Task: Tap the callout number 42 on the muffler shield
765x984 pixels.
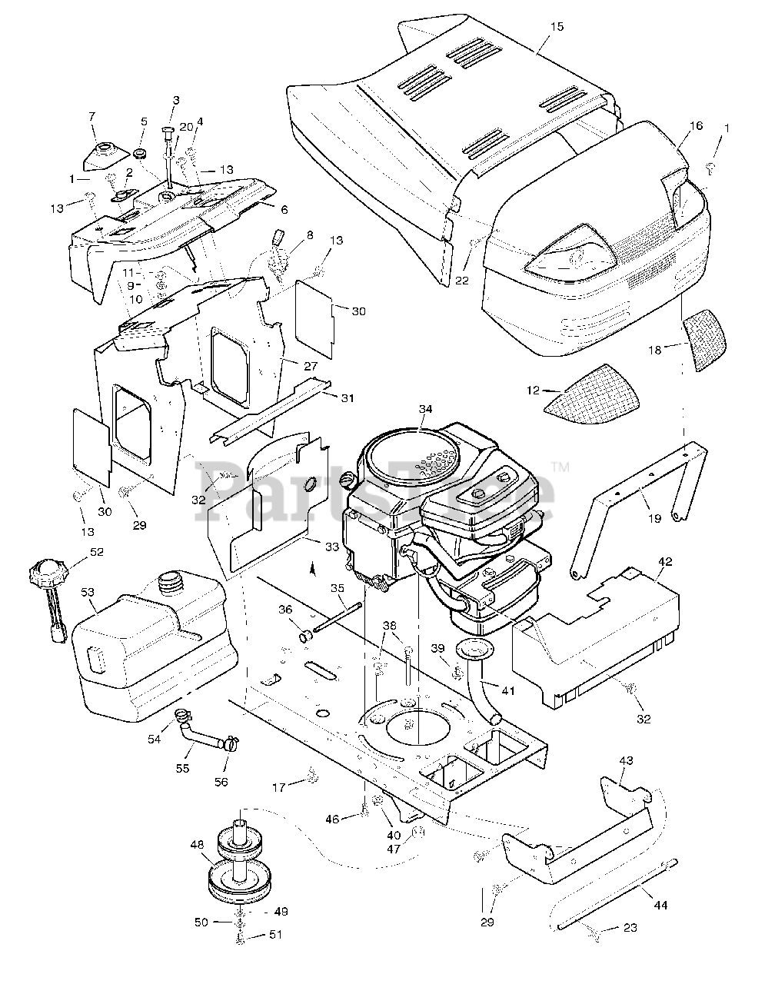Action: pos(665,561)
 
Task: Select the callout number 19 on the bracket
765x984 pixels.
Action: pos(654,518)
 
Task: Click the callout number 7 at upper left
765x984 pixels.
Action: pos(92,116)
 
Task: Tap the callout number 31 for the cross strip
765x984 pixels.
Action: pos(348,397)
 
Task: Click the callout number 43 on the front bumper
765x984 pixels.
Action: pos(626,760)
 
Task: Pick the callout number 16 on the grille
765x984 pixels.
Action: pos(696,125)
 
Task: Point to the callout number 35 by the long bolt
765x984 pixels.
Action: pos(338,588)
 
